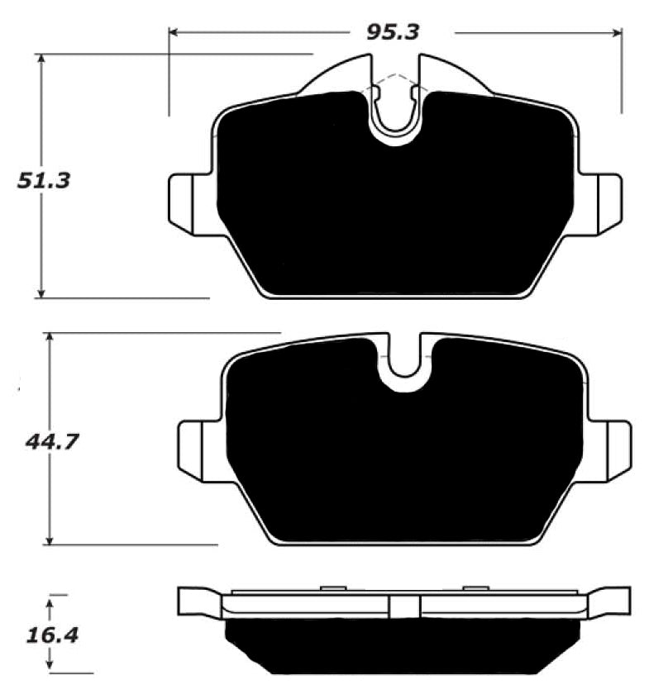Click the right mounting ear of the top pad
point(600,201)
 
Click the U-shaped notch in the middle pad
point(405,369)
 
